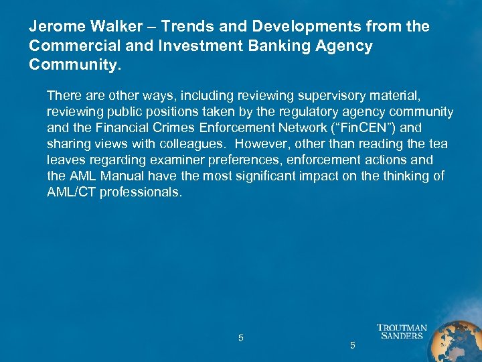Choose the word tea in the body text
pos(438,144)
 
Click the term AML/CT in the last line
pos(68,192)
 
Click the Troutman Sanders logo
pos(402,332)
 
